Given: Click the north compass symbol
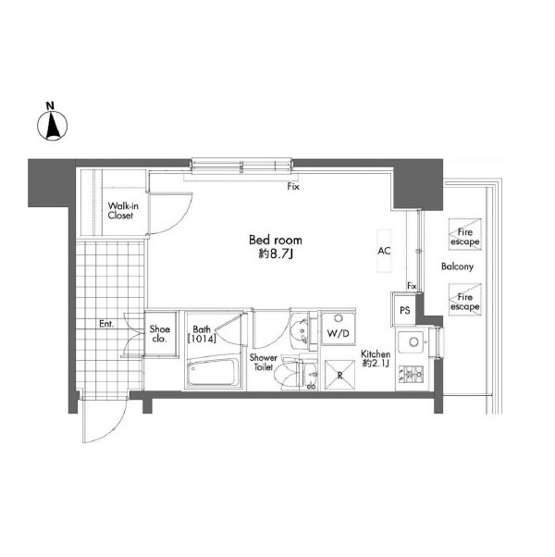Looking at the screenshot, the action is click(52, 125).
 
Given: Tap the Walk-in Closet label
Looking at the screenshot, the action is click(123, 211).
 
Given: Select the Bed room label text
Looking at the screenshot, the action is click(276, 241).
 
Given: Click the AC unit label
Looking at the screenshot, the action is click(384, 251).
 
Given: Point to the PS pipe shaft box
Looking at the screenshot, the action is click(404, 310).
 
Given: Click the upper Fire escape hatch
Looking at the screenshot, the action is click(464, 234).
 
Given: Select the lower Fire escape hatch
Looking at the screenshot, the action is click(464, 299).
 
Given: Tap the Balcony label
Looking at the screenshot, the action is click(457, 266).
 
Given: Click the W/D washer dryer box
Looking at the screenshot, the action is click(339, 328).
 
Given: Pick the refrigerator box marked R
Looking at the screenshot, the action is click(339, 375).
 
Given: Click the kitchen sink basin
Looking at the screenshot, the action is click(411, 342).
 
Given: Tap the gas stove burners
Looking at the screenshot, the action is click(412, 375).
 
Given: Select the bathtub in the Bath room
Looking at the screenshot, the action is click(213, 372).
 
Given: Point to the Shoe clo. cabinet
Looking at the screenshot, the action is click(161, 333).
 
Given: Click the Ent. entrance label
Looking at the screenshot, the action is click(106, 324).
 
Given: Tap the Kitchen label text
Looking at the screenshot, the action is click(376, 353).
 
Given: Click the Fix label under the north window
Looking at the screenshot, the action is click(293, 187).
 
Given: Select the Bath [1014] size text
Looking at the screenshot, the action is click(202, 334).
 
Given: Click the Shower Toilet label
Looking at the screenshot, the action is click(263, 362).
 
